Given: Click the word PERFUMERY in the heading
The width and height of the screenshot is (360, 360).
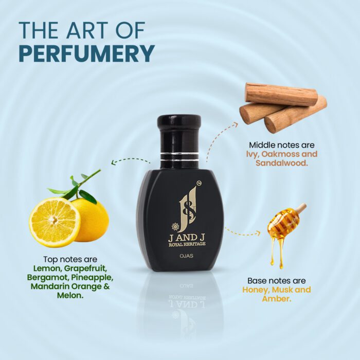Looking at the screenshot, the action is (x=86, y=53).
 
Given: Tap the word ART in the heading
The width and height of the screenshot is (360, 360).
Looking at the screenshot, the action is (x=87, y=30).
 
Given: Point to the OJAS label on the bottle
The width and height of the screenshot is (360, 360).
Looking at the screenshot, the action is (x=187, y=256).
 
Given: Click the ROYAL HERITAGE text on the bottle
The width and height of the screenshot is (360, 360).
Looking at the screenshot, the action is (x=187, y=244).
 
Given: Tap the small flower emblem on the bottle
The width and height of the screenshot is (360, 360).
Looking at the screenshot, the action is (x=175, y=227).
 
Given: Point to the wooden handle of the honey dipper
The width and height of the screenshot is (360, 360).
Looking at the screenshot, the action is (x=301, y=208).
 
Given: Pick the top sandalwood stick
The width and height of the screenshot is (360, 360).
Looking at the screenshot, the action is (x=281, y=94).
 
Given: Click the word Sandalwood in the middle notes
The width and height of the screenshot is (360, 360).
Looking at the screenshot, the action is (x=281, y=163).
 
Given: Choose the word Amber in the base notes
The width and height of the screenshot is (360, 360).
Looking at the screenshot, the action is (x=277, y=299).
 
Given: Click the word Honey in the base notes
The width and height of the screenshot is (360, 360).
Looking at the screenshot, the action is (x=256, y=290).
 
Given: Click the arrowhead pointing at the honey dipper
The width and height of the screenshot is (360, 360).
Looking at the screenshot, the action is (x=258, y=233).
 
